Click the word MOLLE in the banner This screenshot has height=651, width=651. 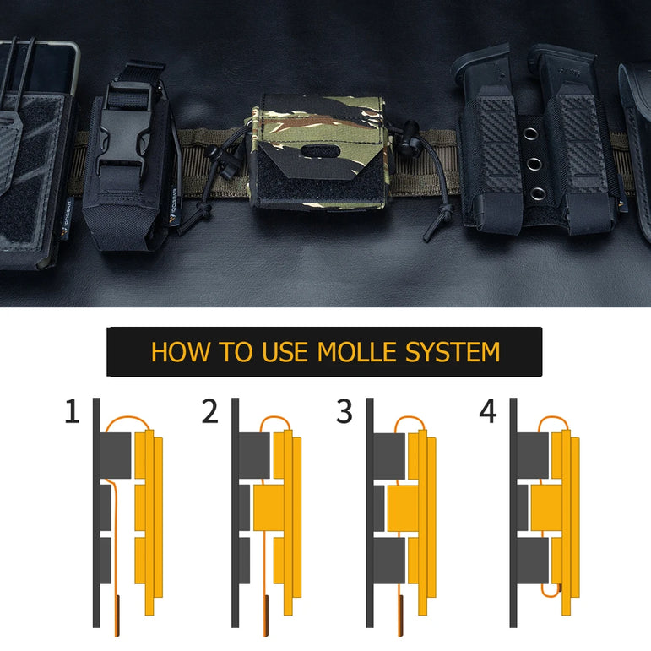(356, 352)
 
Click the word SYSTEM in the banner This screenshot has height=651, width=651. (453, 352)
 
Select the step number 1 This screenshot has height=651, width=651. (73, 411)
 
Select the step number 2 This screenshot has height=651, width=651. (210, 411)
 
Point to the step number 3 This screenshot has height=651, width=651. (344, 411)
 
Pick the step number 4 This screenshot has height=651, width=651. (488, 411)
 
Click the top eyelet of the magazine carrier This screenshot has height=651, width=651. (530, 134)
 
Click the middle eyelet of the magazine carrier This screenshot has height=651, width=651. (534, 164)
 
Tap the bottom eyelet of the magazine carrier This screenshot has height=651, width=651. (538, 193)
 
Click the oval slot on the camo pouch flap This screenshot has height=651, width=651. (317, 151)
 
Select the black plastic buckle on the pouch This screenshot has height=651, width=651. (124, 137)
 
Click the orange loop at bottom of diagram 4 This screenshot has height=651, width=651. (551, 590)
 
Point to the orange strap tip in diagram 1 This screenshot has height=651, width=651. (117, 616)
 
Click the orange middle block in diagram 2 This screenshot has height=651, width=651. (269, 507)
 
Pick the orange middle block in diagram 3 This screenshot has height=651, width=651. (403, 508)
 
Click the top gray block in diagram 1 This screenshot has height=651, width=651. (116, 455)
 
